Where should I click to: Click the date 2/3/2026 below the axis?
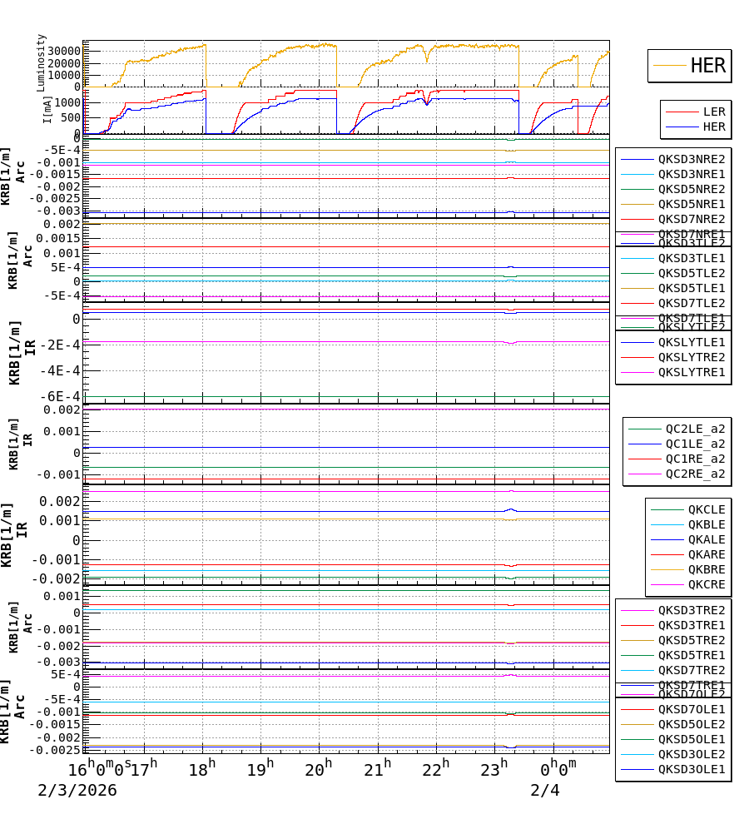point(77,790)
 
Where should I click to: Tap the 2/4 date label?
point(545,790)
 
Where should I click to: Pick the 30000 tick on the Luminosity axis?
point(63,51)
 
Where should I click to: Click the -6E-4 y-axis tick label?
point(61,396)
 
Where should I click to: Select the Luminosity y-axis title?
point(41,62)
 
